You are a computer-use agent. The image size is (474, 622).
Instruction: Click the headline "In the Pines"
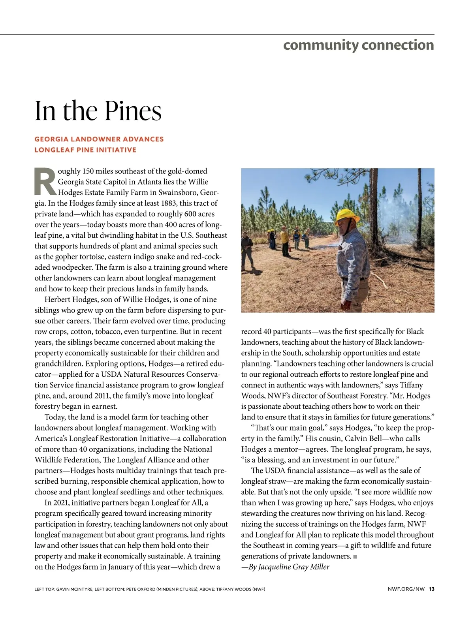(98, 111)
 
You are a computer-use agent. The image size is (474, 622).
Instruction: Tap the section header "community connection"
(358, 45)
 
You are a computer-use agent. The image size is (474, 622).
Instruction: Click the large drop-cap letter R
(45, 182)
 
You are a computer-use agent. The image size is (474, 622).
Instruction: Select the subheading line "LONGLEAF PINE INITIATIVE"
(85, 150)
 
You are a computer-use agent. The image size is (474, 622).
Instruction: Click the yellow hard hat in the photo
(346, 215)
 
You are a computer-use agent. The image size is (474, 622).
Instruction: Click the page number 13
(431, 589)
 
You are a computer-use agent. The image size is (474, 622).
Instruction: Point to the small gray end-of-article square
(355, 557)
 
